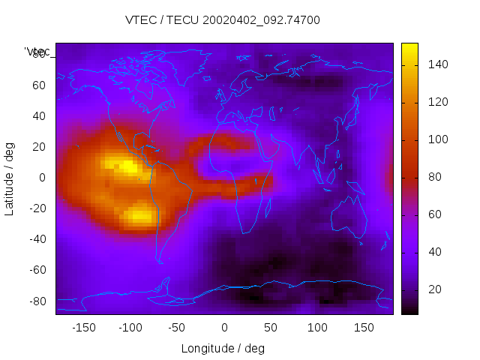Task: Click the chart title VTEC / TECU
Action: point(223,20)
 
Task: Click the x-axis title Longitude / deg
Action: point(223,348)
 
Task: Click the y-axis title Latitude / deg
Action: point(10,177)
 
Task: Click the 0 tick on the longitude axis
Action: point(223,327)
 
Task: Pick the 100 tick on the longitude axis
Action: point(317,327)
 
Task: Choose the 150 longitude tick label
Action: point(364,327)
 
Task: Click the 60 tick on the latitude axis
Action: point(39,85)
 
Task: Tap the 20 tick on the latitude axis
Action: point(39,146)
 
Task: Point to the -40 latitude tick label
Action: point(37,239)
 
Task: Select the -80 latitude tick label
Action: point(37,301)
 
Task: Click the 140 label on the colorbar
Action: point(437,64)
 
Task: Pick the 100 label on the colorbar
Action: point(437,139)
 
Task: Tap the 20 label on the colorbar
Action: point(435,289)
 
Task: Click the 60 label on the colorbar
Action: point(435,214)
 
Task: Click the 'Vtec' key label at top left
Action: point(37,52)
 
